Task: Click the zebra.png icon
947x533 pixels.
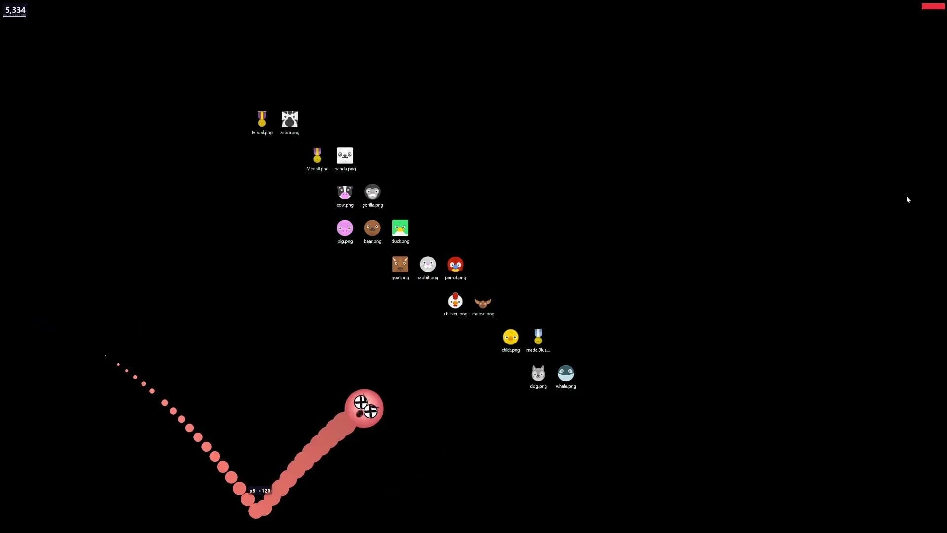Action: click(290, 119)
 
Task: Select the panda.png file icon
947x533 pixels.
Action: click(345, 155)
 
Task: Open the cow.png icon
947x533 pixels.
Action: click(345, 192)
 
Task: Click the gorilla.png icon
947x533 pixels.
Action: click(372, 192)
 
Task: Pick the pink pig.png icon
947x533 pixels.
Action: click(345, 228)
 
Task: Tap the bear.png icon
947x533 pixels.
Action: click(372, 228)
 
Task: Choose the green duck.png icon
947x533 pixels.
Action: click(400, 228)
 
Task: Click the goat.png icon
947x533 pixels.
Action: click(400, 265)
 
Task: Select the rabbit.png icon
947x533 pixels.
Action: click(428, 265)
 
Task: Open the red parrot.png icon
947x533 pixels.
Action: click(455, 265)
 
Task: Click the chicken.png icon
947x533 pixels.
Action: click(455, 301)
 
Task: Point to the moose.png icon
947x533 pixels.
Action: click(483, 303)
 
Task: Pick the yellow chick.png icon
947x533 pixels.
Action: click(510, 337)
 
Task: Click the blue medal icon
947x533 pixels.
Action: click(538, 337)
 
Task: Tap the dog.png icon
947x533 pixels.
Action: click(538, 373)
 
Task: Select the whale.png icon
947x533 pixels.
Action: click(566, 373)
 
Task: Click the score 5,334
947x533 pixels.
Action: click(15, 10)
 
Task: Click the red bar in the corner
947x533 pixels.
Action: click(933, 6)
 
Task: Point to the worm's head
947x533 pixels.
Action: click(364, 409)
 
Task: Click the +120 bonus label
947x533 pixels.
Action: click(265, 491)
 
